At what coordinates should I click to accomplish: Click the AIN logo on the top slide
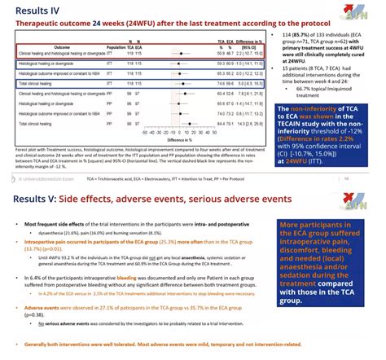click(364, 11)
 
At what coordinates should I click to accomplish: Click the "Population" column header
click(119, 46)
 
